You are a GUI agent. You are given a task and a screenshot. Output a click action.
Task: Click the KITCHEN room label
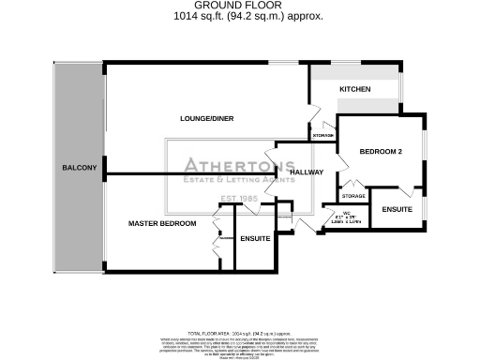(x=355, y=89)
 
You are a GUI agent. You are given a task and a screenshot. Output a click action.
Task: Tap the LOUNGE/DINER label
(x=207, y=118)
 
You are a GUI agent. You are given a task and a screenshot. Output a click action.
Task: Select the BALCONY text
(x=80, y=167)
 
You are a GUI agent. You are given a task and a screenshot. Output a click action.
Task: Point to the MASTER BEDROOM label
(x=162, y=223)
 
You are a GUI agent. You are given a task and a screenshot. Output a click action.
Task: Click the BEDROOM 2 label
(x=381, y=152)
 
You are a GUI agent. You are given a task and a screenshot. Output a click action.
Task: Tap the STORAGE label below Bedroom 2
(x=352, y=196)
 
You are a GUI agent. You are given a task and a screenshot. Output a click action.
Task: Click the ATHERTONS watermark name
(x=230, y=165)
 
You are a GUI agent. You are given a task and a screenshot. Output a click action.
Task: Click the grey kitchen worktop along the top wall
(x=356, y=73)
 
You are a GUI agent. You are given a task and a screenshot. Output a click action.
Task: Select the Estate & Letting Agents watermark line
(x=231, y=180)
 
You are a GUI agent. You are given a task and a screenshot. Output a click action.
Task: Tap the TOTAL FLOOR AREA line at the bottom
(x=240, y=333)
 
